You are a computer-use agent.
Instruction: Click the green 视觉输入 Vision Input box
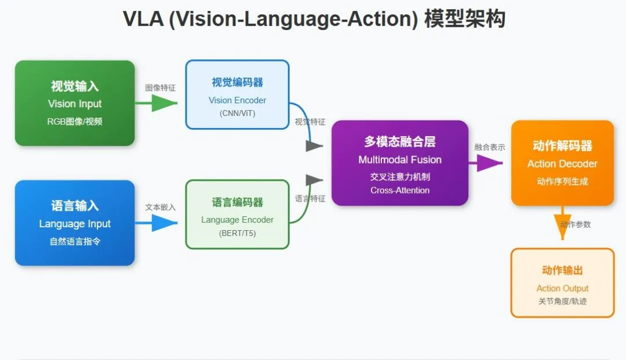point(75,103)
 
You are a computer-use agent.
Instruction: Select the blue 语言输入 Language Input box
point(75,223)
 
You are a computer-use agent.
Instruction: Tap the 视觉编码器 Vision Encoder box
point(237,94)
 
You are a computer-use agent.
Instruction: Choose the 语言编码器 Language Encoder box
point(237,214)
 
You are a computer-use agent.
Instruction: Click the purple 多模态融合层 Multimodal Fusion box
point(400,163)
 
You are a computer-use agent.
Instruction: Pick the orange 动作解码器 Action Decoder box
point(562,163)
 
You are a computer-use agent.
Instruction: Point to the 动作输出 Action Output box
point(562,283)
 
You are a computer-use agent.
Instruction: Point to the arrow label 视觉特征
point(310,122)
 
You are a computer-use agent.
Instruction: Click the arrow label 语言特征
point(310,199)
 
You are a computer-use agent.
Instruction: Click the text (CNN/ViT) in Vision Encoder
point(237,113)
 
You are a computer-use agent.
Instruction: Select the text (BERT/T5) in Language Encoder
point(237,233)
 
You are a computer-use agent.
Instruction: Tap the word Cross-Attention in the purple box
point(400,190)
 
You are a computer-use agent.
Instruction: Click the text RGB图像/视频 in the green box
point(75,122)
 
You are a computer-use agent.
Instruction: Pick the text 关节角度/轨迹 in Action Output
point(562,301)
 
